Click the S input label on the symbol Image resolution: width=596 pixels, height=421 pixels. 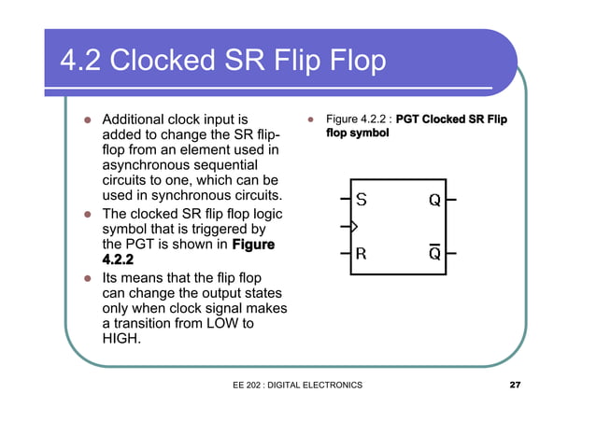(362, 199)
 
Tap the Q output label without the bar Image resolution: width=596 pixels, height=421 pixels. (434, 200)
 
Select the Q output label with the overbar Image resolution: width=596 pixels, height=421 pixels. (434, 253)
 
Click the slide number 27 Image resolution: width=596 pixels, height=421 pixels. (515, 386)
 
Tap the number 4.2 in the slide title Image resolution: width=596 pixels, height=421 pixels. (81, 61)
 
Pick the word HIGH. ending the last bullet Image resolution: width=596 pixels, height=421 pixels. (121, 339)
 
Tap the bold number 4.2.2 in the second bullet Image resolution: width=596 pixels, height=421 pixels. (121, 260)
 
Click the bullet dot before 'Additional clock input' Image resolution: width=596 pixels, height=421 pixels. (86, 120)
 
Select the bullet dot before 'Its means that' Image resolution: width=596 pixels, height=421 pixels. (86, 279)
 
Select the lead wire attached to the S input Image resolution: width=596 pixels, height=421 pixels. (344, 199)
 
